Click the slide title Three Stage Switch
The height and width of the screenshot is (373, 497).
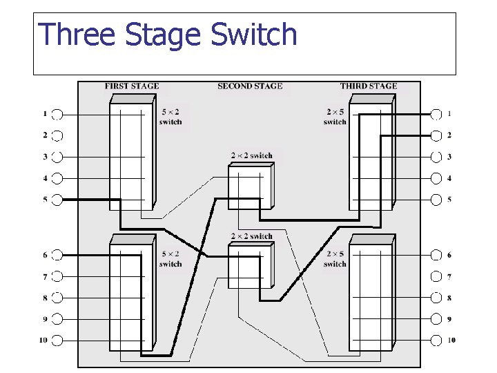click(x=168, y=35)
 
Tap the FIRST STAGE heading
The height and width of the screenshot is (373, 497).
click(x=132, y=86)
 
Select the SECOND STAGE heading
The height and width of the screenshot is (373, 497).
click(x=250, y=86)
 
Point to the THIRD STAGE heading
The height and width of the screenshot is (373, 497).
click(x=369, y=86)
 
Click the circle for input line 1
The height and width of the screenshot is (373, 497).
click(x=57, y=114)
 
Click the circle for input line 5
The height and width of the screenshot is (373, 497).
click(x=57, y=200)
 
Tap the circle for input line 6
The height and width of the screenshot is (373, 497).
click(x=57, y=255)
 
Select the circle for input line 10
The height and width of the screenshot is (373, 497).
click(x=57, y=340)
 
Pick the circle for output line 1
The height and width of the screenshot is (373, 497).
click(x=436, y=114)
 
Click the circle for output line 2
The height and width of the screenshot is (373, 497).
click(x=436, y=135)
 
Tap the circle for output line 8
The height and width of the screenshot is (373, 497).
click(x=436, y=298)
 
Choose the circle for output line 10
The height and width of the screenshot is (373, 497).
click(x=436, y=340)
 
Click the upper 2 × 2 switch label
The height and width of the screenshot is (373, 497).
click(x=252, y=156)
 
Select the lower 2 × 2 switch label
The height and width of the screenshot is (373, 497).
click(x=252, y=236)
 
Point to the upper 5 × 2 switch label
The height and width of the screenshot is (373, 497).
click(x=170, y=117)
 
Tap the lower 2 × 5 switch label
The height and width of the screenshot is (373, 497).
click(x=335, y=259)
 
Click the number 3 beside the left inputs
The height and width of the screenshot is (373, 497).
click(x=45, y=157)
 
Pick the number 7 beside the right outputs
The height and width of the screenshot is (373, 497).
click(x=449, y=276)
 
